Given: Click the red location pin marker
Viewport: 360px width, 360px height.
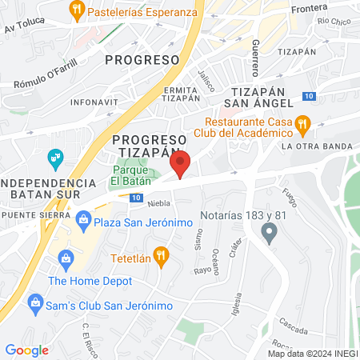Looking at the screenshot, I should pyautogui.click(x=180, y=163).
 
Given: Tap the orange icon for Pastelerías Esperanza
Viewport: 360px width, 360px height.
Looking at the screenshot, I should pyautogui.click(x=77, y=11).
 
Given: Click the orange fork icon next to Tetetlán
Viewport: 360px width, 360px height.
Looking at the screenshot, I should pyautogui.click(x=161, y=256).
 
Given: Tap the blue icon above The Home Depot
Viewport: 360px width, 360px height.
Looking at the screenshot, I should pyautogui.click(x=65, y=258).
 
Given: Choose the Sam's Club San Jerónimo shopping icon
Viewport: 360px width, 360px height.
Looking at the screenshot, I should pyautogui.click(x=35, y=302).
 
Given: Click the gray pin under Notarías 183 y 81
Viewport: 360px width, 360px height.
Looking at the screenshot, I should pyautogui.click(x=270, y=234).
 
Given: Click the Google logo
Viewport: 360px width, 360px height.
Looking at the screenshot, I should pyautogui.click(x=26, y=350).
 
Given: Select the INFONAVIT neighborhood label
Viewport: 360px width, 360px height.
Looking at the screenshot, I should pyautogui.click(x=92, y=102).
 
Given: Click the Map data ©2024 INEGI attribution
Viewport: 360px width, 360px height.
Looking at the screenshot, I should pyautogui.click(x=312, y=354).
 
